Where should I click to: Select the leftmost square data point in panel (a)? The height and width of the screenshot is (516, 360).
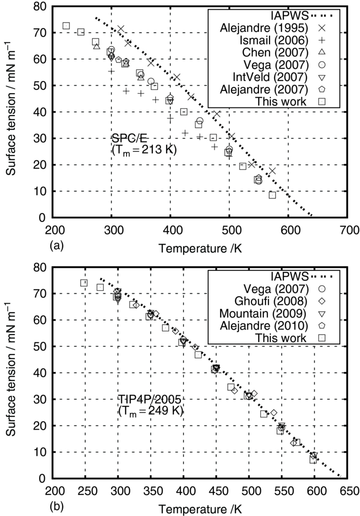point(66,26)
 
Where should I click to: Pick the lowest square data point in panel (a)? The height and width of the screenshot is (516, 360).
point(273,195)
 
